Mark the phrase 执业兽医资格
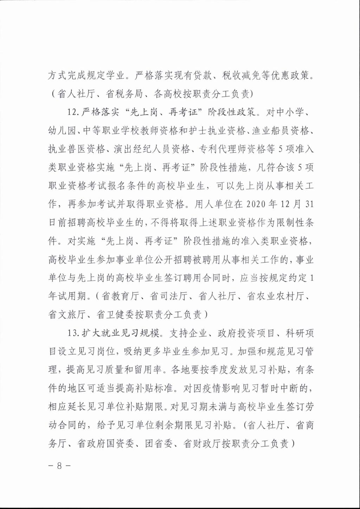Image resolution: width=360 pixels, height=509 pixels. coord(76,149)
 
